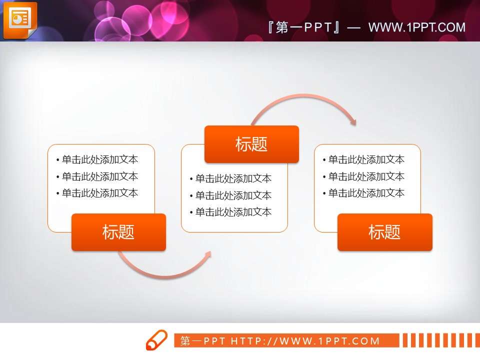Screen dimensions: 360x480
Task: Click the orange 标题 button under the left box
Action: pyautogui.click(x=118, y=232)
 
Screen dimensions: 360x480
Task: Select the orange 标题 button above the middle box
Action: pyautogui.click(x=251, y=144)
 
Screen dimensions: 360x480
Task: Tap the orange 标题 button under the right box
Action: pyautogui.click(x=384, y=232)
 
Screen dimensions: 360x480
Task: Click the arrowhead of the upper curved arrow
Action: pyautogui.click(x=353, y=121)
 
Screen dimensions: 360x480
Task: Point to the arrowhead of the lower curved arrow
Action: pyautogui.click(x=208, y=254)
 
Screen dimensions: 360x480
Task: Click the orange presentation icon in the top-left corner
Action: pyautogui.click(x=20, y=20)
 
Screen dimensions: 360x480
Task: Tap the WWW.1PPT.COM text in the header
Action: pyautogui.click(x=416, y=27)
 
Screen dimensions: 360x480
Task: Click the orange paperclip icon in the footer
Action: pyautogui.click(x=156, y=340)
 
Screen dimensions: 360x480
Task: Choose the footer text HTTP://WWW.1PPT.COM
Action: pyautogui.click(x=305, y=341)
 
